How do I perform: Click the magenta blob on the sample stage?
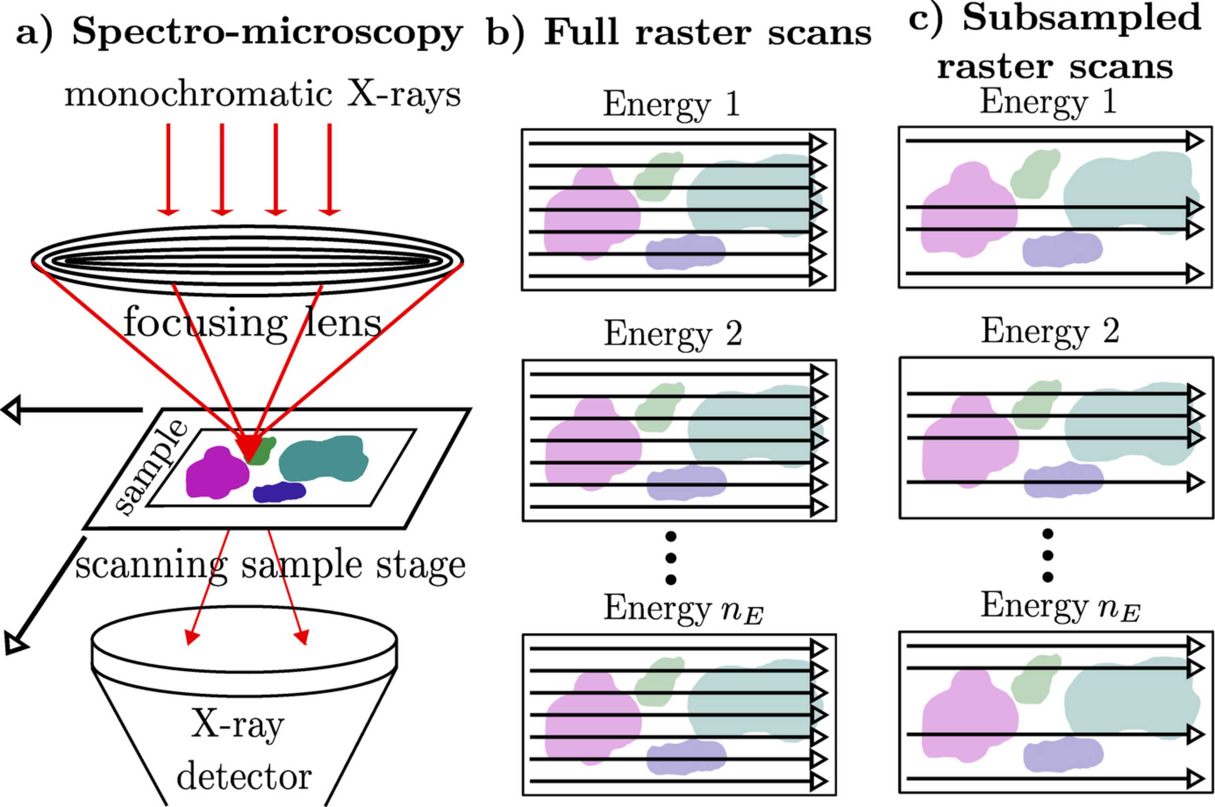[x=217, y=473]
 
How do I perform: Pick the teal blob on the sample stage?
[x=323, y=458]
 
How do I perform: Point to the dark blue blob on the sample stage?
[x=279, y=492]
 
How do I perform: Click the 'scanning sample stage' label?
[x=270, y=566]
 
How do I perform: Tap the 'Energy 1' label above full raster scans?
[x=671, y=104]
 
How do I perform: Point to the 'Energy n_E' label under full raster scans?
[x=683, y=609]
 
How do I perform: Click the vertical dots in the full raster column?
[x=671, y=558]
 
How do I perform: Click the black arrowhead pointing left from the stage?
[x=11, y=410]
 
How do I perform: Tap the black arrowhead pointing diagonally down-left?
[x=15, y=643]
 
